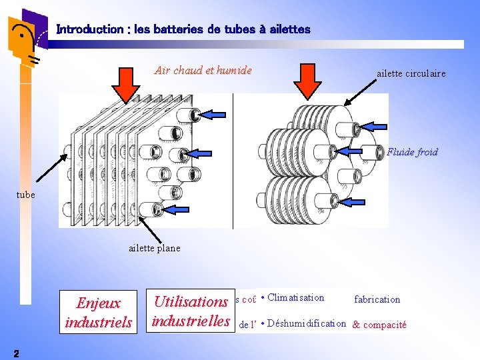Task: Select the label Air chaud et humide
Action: point(203,70)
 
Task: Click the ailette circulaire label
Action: point(411,73)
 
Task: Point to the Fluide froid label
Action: point(412,152)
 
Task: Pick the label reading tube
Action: point(25,195)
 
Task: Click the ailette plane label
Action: point(154,248)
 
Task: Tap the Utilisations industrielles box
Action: point(191,311)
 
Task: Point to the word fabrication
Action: point(377,299)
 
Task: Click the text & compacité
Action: point(379,325)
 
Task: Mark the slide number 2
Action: point(16,353)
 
